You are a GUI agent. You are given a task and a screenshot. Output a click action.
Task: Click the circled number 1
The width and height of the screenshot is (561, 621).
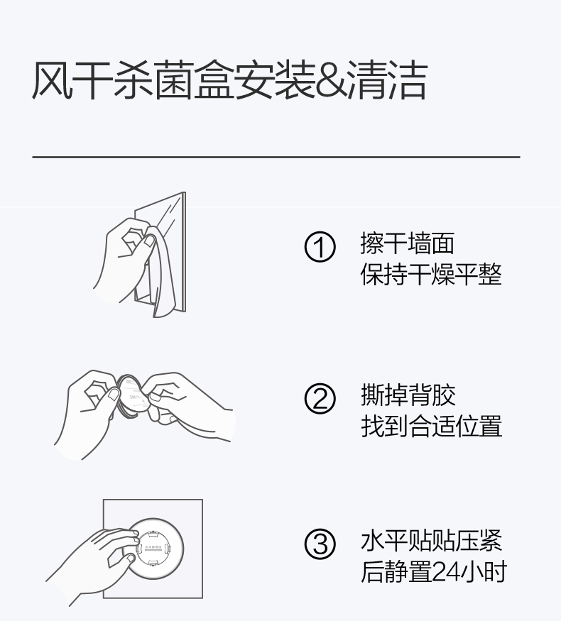pos(320,246)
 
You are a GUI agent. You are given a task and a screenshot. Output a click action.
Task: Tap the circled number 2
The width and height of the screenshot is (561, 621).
pos(320,398)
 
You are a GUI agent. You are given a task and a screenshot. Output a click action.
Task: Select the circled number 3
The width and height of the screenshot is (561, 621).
pos(320,544)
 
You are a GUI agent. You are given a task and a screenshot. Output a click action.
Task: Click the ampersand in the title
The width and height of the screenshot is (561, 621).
pos(332,81)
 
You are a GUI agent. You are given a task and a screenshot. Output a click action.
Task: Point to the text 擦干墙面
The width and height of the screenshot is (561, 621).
pos(408,243)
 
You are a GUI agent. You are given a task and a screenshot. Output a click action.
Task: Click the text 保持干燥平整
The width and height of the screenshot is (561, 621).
pos(431,274)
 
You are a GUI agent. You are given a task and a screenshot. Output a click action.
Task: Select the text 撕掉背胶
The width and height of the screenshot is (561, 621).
pos(408,395)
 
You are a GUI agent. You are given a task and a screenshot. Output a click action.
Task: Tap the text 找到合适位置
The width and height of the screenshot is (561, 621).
pos(432,426)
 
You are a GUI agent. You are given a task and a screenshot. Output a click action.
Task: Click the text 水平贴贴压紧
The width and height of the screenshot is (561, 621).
pos(432,540)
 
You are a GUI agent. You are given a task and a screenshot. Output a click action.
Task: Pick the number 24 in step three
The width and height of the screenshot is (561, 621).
pos(445,571)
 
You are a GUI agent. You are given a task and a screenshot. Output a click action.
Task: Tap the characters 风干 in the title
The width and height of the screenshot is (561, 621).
pos(72,80)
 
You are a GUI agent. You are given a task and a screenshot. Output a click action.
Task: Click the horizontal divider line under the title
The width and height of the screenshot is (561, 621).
pos(276,157)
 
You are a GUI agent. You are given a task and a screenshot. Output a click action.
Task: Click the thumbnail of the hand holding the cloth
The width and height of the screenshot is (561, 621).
pos(139,255)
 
